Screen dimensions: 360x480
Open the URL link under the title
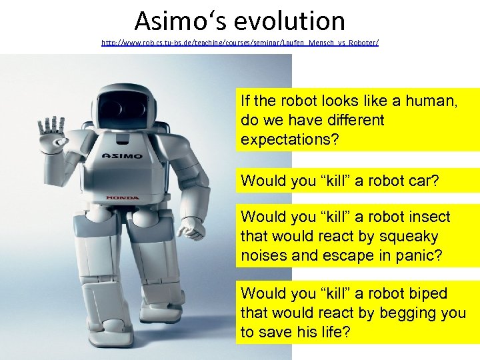pyautogui.click(x=240, y=42)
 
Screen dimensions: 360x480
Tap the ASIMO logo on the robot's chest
pyautogui.click(x=122, y=155)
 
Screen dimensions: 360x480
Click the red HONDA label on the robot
pyautogui.click(x=123, y=197)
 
